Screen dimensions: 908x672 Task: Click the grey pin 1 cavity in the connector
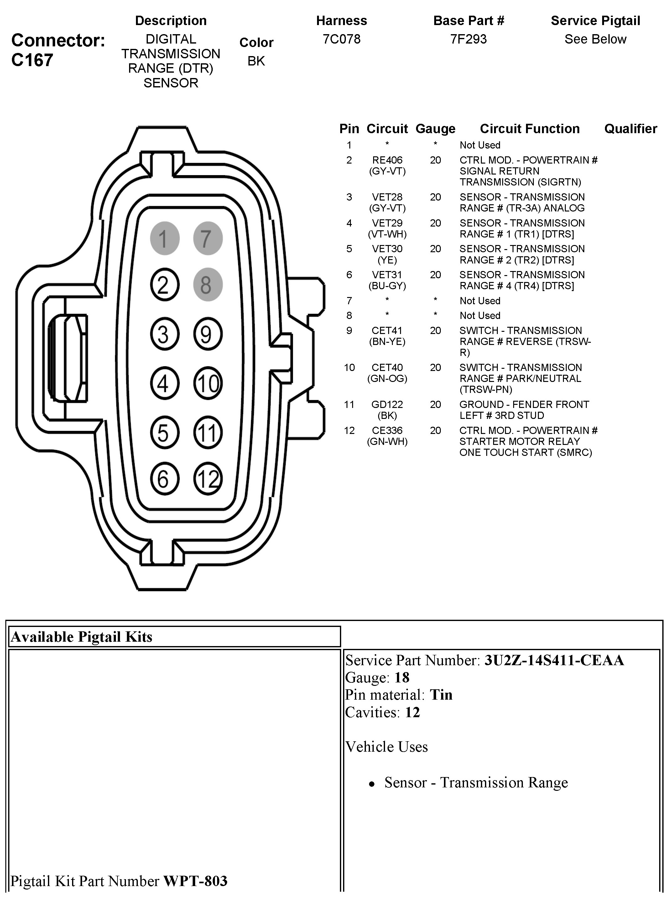[165, 238]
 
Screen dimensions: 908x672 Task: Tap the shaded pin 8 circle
[207, 285]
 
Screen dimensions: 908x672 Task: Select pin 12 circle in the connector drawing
[207, 478]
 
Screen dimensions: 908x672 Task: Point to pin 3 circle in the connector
[165, 334]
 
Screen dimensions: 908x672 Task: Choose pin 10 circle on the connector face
[207, 383]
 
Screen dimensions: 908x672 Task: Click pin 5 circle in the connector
[165, 432]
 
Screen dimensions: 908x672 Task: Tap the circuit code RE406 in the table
[387, 160]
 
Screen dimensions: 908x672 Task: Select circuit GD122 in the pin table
[387, 404]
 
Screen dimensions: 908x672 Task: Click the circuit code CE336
[387, 431]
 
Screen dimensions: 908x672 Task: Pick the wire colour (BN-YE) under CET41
[387, 342]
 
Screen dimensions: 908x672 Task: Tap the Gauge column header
[435, 129]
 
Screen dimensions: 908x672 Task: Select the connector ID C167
[32, 60]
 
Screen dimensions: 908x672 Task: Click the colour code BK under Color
[256, 61]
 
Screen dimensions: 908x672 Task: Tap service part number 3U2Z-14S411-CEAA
[554, 660]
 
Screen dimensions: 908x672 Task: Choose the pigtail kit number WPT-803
[195, 881]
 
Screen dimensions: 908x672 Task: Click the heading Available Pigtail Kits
[82, 637]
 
